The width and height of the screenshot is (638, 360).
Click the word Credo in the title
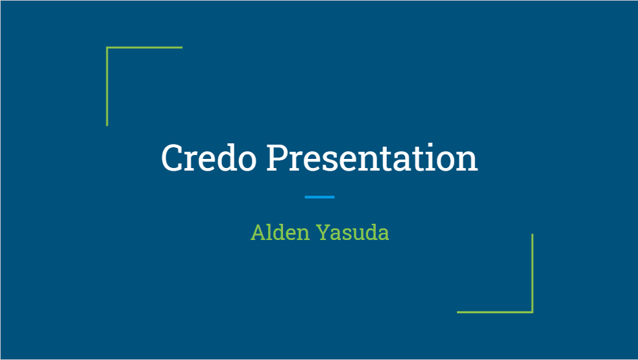click(x=209, y=158)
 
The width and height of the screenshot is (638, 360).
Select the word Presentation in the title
click(x=373, y=158)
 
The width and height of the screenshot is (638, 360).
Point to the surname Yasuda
click(x=352, y=232)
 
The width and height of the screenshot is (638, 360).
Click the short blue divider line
click(x=319, y=197)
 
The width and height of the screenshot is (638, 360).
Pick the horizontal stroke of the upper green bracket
click(x=145, y=47)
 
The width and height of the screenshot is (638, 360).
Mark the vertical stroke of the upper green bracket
click(x=107, y=86)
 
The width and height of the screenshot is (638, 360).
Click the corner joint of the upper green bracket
click(x=107, y=47)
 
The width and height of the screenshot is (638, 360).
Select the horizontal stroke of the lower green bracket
click(x=495, y=312)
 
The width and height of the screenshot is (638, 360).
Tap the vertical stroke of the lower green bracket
click(x=532, y=273)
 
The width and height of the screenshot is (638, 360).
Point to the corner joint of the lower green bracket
click(x=532, y=312)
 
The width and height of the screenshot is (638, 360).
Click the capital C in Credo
click(x=173, y=158)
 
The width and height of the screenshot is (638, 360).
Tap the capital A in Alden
click(x=258, y=232)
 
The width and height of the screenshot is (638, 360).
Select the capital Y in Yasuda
click(x=325, y=232)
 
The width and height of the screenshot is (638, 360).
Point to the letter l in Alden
click(x=271, y=232)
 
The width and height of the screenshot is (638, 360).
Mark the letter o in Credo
click(x=247, y=161)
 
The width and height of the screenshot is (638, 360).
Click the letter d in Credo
click(x=225, y=158)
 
